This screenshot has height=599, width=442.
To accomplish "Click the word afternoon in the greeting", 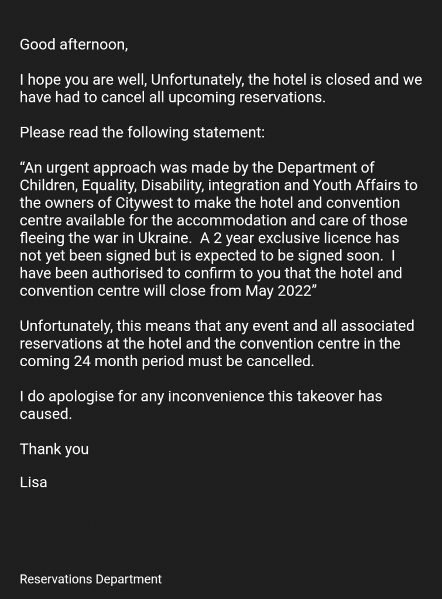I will click(x=93, y=44).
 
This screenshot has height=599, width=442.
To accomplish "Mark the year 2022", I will click(x=293, y=291).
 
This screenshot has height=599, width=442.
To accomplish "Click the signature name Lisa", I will click(x=33, y=483).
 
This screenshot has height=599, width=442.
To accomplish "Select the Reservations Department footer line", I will click(x=91, y=579).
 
